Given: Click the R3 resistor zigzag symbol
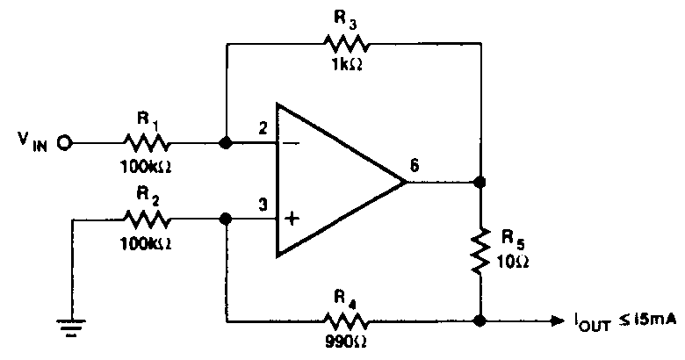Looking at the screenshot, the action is tap(345, 44).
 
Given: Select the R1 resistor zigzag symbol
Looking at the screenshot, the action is tap(146, 143).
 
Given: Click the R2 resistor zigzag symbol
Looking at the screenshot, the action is tap(146, 219).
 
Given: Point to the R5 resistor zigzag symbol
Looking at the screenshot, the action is tap(480, 251).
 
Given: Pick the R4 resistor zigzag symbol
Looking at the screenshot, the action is tap(345, 322).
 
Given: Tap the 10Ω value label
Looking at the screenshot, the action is tap(513, 262).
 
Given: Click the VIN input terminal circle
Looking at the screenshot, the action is tap(65, 143).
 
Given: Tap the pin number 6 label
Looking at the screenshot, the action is tap(415, 166).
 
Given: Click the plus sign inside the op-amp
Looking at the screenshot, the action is tap(292, 218).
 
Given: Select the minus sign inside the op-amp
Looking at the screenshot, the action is tap(292, 143).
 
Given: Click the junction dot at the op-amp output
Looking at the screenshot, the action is tap(480, 181).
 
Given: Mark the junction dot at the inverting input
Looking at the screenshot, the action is tap(226, 143).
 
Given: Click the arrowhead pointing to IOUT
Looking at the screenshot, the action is tap(558, 321).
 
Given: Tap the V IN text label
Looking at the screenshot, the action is tap(32, 141).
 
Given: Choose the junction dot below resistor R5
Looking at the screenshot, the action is tap(480, 321).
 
